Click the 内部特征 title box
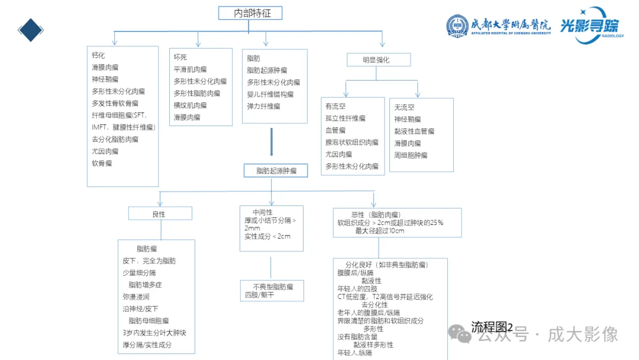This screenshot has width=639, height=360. coord(250,13)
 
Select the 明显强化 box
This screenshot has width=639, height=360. coord(378,60)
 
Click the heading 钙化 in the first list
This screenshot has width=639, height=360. coord(98,55)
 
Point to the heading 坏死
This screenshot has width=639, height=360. coord(180,57)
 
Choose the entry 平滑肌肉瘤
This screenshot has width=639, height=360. coord(190,69)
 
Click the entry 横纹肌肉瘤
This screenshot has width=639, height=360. coord(190,105)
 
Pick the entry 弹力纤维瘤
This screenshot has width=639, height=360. coord(263,107)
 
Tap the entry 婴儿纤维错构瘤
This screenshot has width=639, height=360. coord(270,94)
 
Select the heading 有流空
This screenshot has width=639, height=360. coord(335,107)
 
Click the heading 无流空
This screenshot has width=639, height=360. coord(404,107)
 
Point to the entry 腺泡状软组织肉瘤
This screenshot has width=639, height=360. coord(351,143)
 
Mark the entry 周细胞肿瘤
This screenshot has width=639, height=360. coord(411,155)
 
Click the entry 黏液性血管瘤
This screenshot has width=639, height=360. coord(414,131)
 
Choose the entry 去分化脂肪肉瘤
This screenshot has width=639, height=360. coord(115,139)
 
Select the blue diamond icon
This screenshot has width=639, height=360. coord(31,30)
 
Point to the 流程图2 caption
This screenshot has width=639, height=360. coord(492,326)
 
